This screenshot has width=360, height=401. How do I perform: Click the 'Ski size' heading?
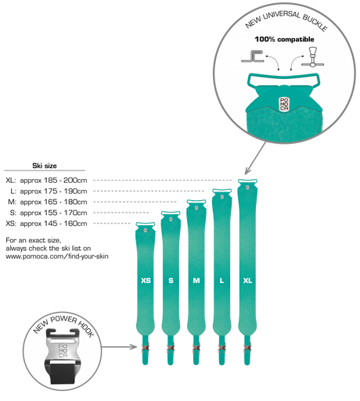click(45, 166)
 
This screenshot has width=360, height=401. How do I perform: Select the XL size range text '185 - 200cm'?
click(66, 181)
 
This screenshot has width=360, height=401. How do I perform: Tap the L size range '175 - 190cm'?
click(66, 192)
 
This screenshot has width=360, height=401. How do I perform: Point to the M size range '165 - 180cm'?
click(66, 202)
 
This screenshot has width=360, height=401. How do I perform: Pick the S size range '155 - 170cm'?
click(66, 213)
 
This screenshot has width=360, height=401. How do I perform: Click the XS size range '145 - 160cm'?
click(66, 224)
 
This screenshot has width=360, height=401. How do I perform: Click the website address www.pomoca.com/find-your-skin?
click(57, 256)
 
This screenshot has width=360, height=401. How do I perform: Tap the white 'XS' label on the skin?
click(146, 281)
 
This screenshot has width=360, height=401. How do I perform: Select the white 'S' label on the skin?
click(171, 281)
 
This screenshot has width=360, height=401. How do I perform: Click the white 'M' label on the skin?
click(196, 281)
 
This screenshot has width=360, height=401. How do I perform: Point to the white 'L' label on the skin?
click(221, 281)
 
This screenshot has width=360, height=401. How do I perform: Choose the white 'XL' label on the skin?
click(247, 281)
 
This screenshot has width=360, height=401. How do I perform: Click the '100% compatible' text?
click(284, 39)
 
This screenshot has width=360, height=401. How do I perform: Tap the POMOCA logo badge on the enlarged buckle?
click(284, 105)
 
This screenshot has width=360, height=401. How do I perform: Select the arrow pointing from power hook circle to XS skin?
click(119, 347)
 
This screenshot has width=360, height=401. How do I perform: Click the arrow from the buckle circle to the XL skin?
click(255, 158)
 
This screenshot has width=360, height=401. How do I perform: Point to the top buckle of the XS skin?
click(146, 224)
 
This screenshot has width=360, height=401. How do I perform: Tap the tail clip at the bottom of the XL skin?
click(247, 350)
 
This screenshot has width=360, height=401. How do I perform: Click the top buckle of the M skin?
click(196, 202)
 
